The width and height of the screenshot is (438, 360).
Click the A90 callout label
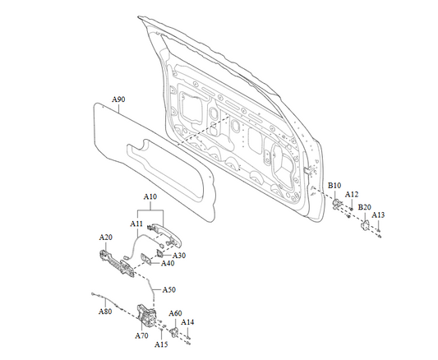(x=118, y=99)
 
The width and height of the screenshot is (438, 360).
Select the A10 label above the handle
(x=150, y=196)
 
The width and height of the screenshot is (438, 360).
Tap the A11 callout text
(x=136, y=224)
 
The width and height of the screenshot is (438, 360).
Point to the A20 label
(x=105, y=238)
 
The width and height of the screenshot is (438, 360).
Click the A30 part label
(x=179, y=256)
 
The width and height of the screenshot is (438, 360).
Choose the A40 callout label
(x=168, y=263)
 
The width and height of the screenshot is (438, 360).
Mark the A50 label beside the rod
(x=169, y=289)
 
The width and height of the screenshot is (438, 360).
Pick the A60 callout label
(x=175, y=313)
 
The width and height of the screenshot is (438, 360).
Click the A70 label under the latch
(x=141, y=335)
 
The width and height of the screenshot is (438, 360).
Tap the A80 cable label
(x=105, y=312)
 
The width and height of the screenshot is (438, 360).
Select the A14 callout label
(x=187, y=322)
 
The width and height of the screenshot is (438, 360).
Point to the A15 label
(x=161, y=344)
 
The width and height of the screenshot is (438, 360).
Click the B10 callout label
(x=334, y=186)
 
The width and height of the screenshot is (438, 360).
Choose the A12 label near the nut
(x=352, y=194)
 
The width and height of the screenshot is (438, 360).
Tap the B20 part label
(x=365, y=207)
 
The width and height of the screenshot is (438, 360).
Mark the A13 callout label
(x=378, y=215)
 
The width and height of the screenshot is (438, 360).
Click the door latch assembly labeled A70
(x=145, y=316)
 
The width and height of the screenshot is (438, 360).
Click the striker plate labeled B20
(x=365, y=225)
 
